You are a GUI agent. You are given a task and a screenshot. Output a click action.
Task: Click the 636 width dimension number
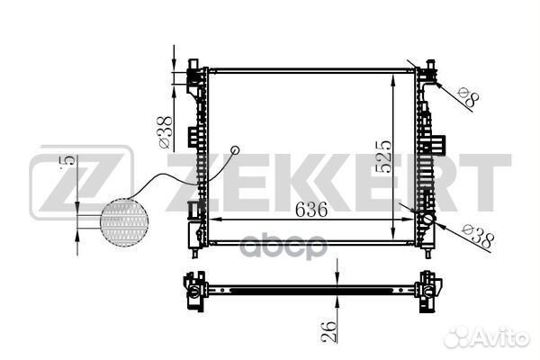pyautogui.click(x=311, y=209)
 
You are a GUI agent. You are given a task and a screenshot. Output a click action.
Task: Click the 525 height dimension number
pyautogui.click(x=383, y=156)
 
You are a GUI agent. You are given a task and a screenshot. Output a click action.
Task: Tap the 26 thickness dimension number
pyautogui.click(x=328, y=331)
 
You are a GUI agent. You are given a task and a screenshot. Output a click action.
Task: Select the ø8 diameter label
pyautogui.click(x=469, y=97)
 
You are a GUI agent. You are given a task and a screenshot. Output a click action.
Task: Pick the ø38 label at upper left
pyautogui.click(x=165, y=132)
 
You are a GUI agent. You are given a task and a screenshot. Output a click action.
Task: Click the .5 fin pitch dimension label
pyautogui.click(x=67, y=163)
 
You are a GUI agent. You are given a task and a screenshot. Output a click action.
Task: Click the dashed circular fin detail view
pyautogui.click(x=124, y=223)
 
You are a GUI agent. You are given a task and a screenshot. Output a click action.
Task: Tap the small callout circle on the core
pyautogui.click(x=235, y=150)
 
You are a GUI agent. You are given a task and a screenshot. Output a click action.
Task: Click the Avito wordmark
pyautogui.click(x=501, y=337)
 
